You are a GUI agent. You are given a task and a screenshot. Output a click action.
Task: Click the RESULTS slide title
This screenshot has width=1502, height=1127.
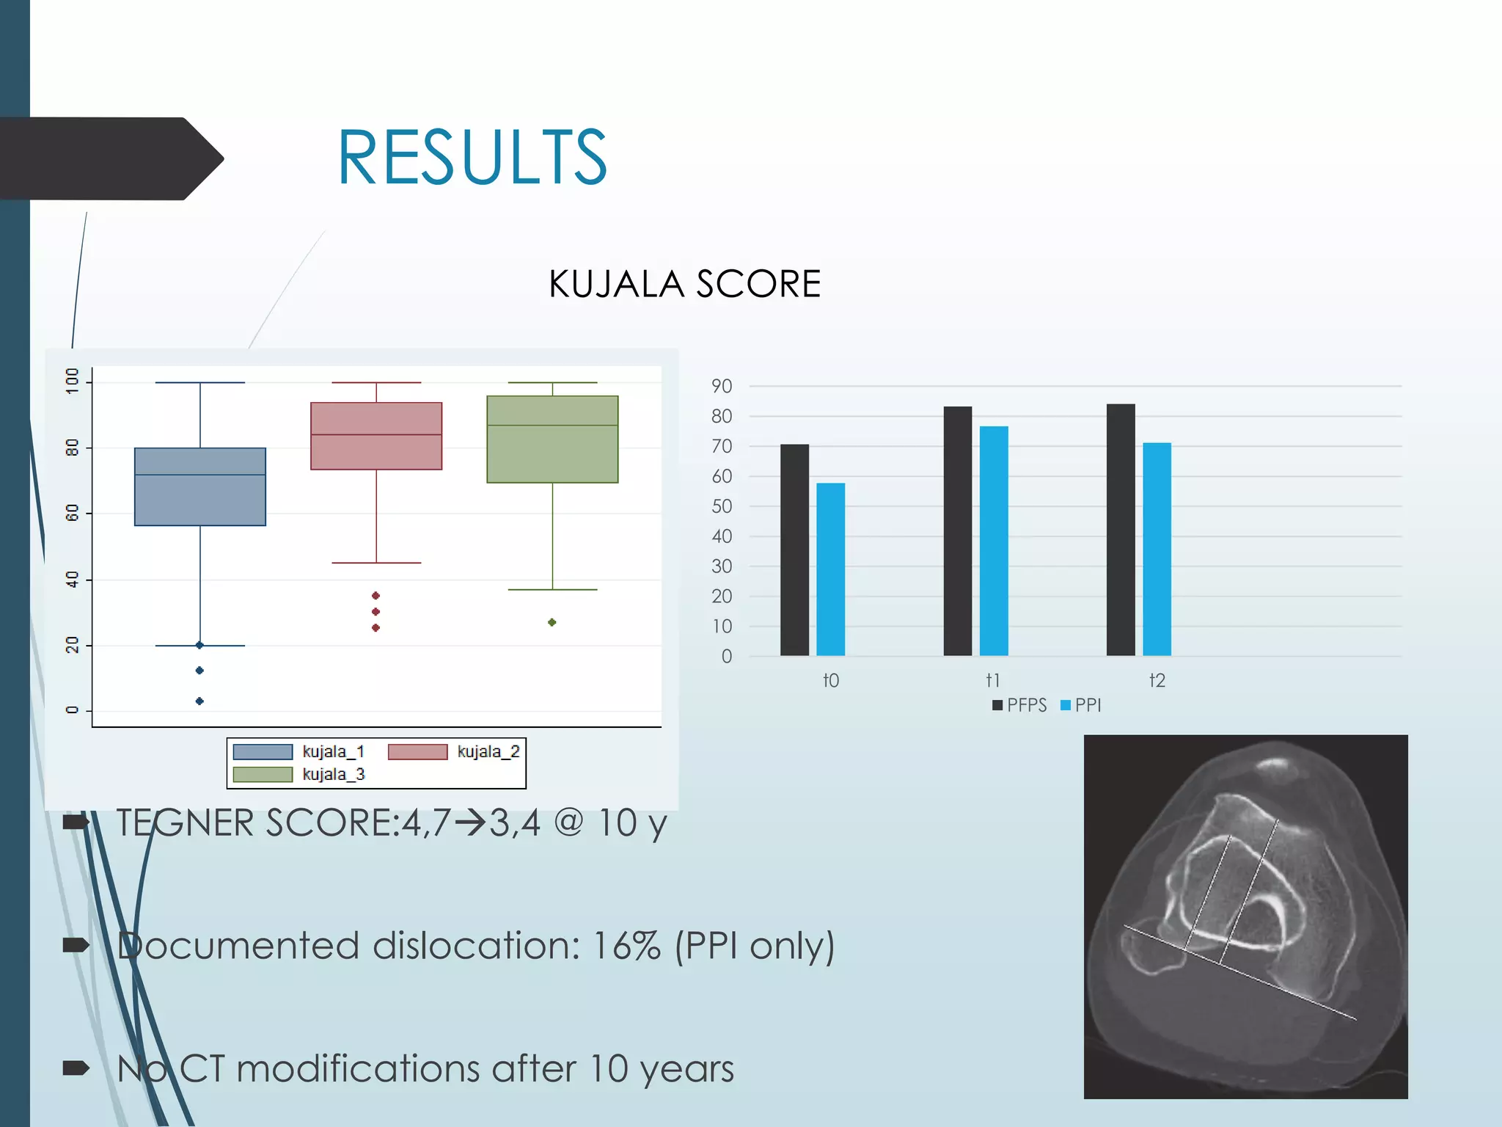click(x=472, y=157)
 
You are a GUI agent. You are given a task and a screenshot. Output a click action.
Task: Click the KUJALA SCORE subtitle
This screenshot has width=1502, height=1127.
click(x=684, y=284)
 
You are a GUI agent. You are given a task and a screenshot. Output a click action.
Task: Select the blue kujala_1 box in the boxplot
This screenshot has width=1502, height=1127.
click(x=200, y=486)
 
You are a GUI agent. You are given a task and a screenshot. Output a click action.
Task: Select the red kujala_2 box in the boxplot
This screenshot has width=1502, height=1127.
click(x=376, y=436)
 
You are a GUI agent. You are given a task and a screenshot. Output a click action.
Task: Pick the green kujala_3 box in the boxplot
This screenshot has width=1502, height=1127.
click(x=552, y=439)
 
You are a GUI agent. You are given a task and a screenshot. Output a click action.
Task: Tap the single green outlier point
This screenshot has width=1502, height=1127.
click(x=552, y=622)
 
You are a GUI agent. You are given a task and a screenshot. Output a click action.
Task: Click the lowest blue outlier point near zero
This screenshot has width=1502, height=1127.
click(x=199, y=701)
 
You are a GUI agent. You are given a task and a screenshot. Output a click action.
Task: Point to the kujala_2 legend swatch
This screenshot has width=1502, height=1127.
click(x=417, y=752)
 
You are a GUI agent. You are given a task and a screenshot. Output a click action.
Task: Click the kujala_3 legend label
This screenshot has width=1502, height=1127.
click(x=334, y=774)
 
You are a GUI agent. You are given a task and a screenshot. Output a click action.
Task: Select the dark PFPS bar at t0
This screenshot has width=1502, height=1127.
click(x=794, y=550)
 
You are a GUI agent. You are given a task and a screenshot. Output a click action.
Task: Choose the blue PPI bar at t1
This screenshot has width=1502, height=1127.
click(x=994, y=541)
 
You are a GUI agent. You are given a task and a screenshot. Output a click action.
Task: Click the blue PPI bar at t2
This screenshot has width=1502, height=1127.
click(x=1157, y=549)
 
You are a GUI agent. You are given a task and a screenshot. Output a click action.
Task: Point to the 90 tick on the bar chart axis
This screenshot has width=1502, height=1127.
click(x=722, y=386)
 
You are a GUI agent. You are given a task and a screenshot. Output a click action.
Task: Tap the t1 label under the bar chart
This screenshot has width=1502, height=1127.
click(x=993, y=680)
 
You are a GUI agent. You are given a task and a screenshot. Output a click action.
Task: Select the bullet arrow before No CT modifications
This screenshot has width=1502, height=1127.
click(x=76, y=1068)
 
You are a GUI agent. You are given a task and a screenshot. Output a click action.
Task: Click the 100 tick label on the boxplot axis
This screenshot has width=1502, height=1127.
click(x=72, y=381)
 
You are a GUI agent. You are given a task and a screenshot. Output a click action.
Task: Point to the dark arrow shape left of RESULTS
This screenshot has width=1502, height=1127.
click(x=110, y=158)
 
